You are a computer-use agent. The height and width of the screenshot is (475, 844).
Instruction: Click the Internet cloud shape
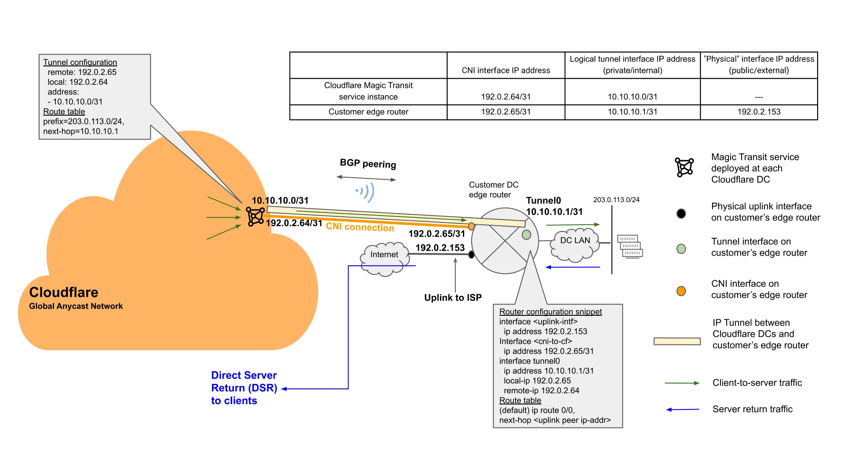tap(384, 259)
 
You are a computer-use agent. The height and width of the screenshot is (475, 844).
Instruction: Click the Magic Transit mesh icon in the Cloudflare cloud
tap(255, 216)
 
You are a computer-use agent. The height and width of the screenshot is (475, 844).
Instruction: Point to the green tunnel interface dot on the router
tap(526, 235)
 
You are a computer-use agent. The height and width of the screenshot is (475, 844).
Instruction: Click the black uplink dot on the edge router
tap(471, 254)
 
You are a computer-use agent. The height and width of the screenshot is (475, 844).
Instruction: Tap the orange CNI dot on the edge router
tap(471, 227)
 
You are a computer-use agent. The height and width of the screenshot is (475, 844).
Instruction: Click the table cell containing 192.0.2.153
tap(758, 112)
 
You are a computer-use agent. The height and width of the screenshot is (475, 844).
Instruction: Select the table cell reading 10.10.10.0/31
tap(632, 96)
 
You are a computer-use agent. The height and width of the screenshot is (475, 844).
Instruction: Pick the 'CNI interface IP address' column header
tap(506, 70)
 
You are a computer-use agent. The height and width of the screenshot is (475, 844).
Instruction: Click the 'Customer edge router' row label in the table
tap(368, 112)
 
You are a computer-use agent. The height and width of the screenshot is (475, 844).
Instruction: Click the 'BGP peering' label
tap(368, 164)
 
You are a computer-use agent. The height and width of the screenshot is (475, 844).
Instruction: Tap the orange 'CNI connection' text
tap(360, 227)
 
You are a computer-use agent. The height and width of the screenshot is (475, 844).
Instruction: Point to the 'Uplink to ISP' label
tap(453, 298)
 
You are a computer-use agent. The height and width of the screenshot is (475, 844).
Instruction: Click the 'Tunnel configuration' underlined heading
tap(80, 62)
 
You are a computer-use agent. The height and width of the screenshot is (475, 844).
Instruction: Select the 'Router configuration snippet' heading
tap(550, 312)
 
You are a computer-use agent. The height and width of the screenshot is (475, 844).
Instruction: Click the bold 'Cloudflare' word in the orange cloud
tap(64, 292)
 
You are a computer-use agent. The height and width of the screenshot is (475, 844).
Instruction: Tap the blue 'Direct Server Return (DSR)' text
tap(244, 382)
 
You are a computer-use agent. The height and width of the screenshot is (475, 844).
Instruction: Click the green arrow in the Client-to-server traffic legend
tap(682, 383)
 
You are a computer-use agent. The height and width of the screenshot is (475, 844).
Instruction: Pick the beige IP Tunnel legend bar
tap(677, 341)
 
